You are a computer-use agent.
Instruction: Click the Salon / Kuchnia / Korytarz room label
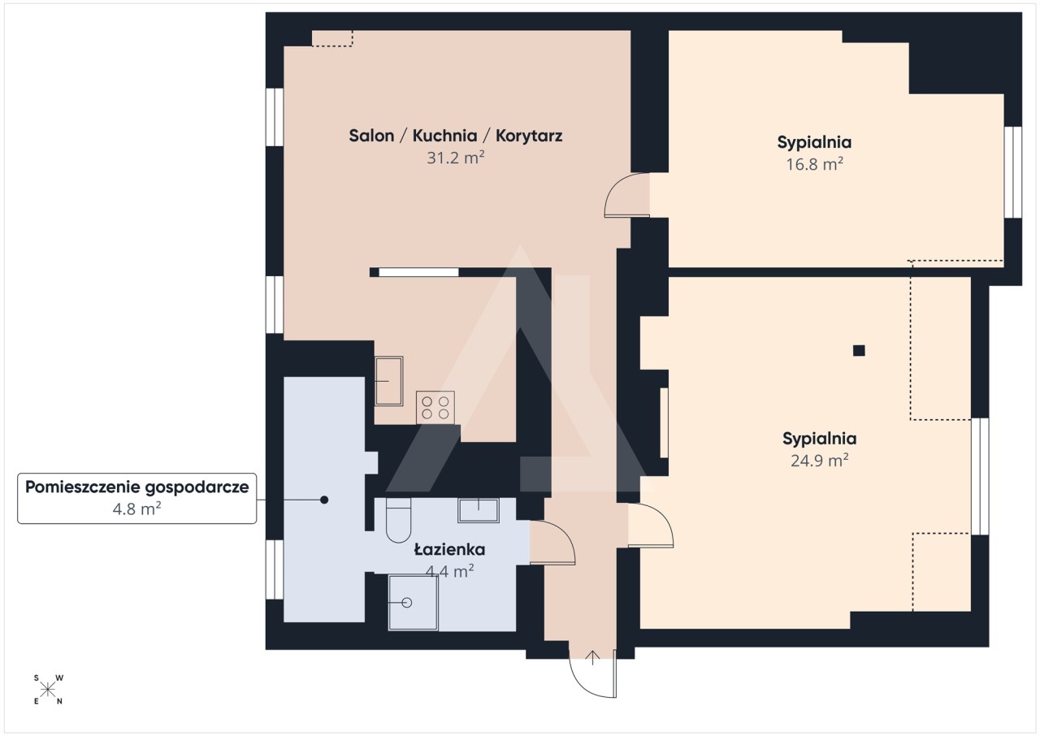[456, 136]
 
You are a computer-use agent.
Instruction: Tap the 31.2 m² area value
[456, 158]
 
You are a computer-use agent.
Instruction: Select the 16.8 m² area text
[814, 164]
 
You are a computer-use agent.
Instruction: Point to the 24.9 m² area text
[820, 461]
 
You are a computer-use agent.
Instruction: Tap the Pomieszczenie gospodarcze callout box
[137, 499]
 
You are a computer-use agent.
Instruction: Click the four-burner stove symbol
[435, 408]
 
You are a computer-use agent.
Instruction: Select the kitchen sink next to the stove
[388, 381]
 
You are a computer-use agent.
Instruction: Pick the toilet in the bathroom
[398, 520]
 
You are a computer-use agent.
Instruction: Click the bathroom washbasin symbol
[479, 510]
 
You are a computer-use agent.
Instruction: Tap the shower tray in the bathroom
[413, 603]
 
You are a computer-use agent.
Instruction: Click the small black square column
[859, 350]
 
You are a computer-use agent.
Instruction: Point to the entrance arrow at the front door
[592, 657]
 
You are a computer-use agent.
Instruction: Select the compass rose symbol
[48, 690]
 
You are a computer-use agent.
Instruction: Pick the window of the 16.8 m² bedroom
[1012, 171]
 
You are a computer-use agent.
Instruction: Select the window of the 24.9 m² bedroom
[980, 476]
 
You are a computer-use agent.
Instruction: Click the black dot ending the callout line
[324, 500]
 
